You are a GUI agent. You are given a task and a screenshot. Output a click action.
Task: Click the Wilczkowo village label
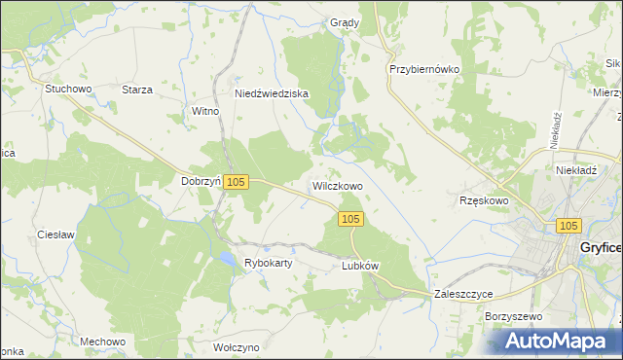(337, 186)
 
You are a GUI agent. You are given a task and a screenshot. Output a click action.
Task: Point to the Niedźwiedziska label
(272, 94)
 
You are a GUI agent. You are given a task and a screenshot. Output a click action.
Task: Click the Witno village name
(205, 112)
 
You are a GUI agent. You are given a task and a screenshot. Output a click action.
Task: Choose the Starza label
(137, 90)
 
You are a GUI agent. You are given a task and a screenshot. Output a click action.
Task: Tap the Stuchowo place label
(67, 89)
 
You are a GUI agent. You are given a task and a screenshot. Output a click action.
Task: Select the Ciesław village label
(56, 235)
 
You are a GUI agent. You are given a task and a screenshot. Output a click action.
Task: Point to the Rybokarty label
(271, 264)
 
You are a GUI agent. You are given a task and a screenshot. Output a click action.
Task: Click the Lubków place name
(360, 266)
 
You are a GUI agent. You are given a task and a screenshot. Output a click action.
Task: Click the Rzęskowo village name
(484, 200)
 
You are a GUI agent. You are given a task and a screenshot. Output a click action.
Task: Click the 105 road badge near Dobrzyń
(238, 182)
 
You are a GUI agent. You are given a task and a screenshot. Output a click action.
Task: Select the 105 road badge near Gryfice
(570, 226)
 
